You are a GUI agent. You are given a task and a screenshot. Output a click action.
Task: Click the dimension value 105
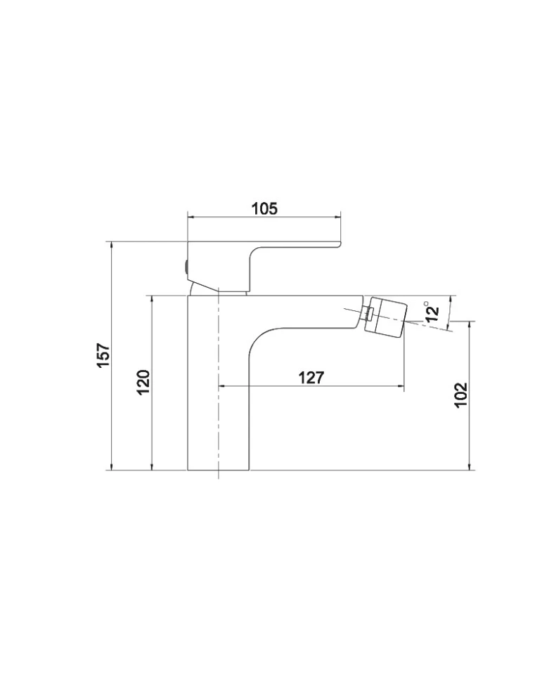click(x=264, y=209)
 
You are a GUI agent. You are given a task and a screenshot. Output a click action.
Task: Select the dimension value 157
click(x=103, y=355)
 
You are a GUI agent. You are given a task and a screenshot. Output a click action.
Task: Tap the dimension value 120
click(x=143, y=382)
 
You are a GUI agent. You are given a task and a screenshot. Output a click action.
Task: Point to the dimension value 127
click(x=311, y=378)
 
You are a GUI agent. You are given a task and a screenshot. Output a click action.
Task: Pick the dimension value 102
click(x=460, y=395)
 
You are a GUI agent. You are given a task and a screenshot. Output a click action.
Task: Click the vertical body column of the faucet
click(x=218, y=382)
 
